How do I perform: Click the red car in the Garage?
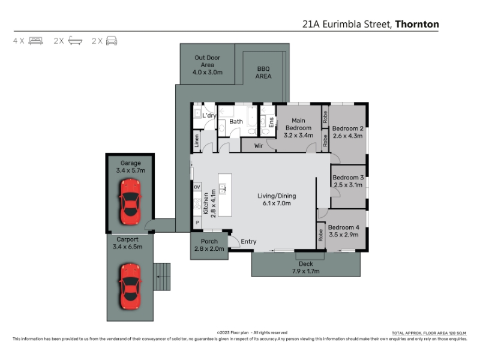[x=130, y=202]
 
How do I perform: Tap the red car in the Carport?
[x=130, y=286]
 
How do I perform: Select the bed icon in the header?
[x=35, y=41]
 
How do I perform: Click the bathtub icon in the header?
[x=76, y=41]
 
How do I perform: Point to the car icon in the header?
[x=112, y=41]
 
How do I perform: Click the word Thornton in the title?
[x=417, y=24]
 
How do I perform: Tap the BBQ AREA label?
[x=263, y=73]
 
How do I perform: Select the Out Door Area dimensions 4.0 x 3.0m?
[x=207, y=73]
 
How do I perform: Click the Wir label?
[x=259, y=146]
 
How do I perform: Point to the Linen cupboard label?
[x=197, y=141]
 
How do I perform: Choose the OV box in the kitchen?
[x=197, y=187]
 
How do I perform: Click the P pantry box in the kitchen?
[x=197, y=223]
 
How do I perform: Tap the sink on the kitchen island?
[x=223, y=189]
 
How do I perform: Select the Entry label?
[x=248, y=242]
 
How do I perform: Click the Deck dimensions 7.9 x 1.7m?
[x=305, y=271]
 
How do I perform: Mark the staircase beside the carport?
[x=162, y=277]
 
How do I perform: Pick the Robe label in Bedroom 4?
[x=320, y=235]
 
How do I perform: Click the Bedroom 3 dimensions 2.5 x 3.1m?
[x=348, y=185]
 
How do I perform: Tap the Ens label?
[x=271, y=122]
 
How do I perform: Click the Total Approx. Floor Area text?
[x=429, y=333]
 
